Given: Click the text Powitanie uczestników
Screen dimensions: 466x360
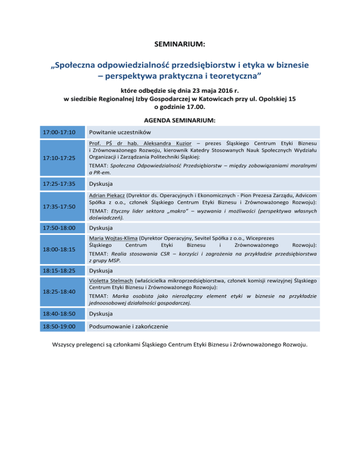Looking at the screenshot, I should pyautogui.click(x=120, y=132).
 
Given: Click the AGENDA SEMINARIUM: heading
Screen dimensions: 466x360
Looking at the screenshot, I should pyautogui.click(x=180, y=120).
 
